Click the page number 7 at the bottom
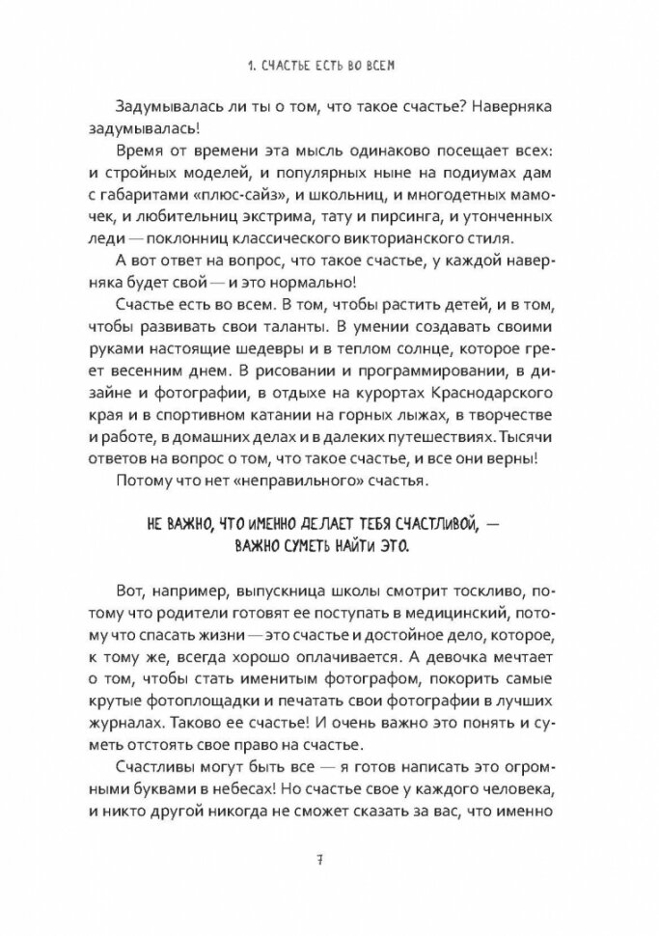(x=330, y=862)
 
